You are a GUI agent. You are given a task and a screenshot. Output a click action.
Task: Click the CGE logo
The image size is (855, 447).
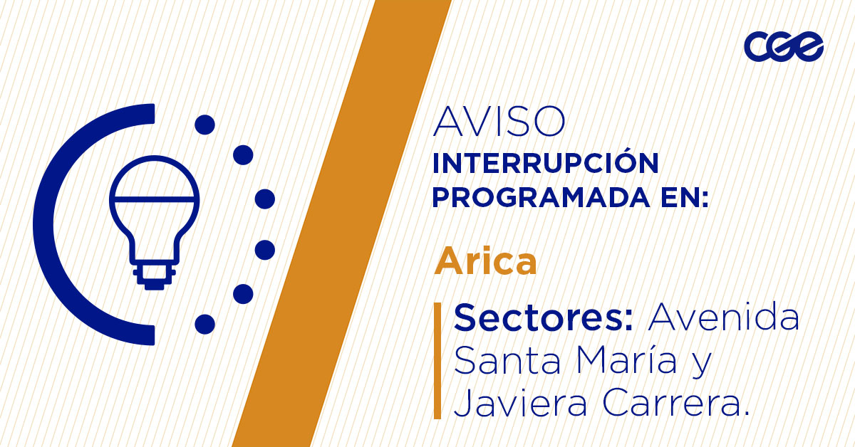click(x=783, y=47)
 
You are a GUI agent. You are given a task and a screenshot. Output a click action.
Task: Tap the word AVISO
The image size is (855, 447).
click(x=499, y=122)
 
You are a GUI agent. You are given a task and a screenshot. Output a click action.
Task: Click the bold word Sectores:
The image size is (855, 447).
click(x=544, y=317)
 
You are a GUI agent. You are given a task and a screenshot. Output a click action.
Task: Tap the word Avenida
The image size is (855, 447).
click(x=723, y=317)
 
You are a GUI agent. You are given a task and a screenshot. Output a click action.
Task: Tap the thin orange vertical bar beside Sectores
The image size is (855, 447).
click(x=437, y=360)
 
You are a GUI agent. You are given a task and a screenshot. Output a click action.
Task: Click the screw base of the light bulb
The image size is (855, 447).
click(x=153, y=276)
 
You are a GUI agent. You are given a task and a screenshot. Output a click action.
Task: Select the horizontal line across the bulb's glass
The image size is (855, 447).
click(x=154, y=197)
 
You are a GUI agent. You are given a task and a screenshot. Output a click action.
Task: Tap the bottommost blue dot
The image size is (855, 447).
click(x=205, y=324)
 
